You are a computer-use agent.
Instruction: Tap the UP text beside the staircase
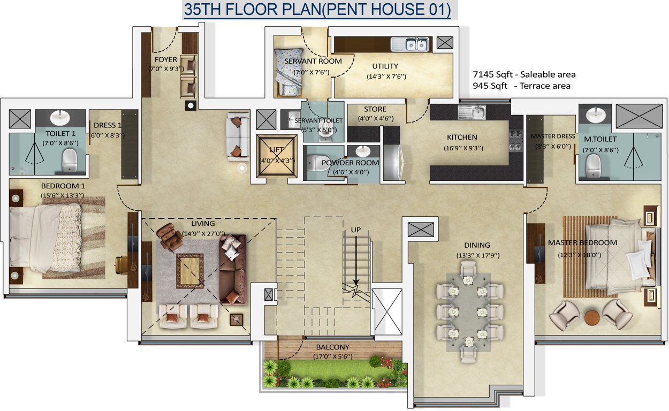click(356, 230)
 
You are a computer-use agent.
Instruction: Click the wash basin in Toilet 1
click(60, 117)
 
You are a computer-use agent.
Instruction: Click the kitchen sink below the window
click(472, 112)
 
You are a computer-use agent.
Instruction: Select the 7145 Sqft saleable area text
click(524, 75)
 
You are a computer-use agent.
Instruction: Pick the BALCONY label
click(332, 347)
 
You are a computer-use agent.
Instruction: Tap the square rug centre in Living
click(190, 271)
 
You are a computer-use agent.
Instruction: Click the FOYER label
click(166, 59)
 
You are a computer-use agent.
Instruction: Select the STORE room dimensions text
click(375, 119)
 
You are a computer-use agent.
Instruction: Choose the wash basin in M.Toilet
click(596, 115)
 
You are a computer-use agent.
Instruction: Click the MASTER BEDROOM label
click(582, 243)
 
